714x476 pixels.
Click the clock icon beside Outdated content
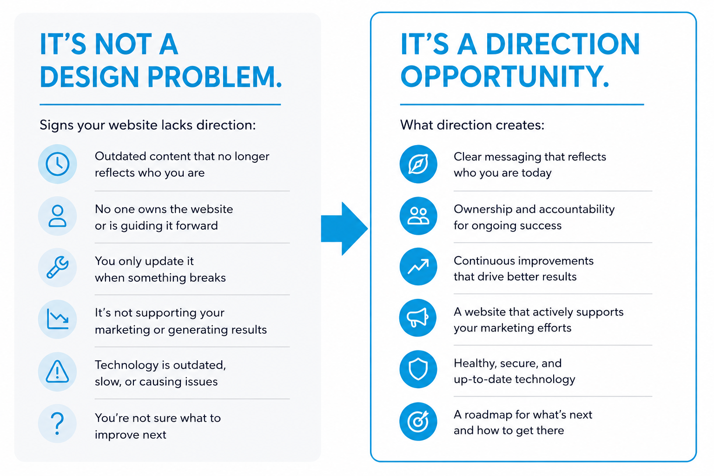57,164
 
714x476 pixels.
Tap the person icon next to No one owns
57,216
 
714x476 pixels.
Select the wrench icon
57,267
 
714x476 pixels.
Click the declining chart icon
57,319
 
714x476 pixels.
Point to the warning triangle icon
57,371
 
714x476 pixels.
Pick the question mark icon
57,423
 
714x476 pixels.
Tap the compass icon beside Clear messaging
418,164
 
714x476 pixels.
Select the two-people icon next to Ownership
418,216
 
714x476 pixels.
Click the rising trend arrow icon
418,266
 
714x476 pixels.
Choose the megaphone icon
418,318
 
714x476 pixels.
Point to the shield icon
418,369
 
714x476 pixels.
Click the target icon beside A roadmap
418,422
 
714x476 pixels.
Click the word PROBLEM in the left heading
215,77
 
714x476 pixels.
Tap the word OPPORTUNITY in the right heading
505,77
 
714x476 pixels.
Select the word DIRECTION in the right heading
563,44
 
